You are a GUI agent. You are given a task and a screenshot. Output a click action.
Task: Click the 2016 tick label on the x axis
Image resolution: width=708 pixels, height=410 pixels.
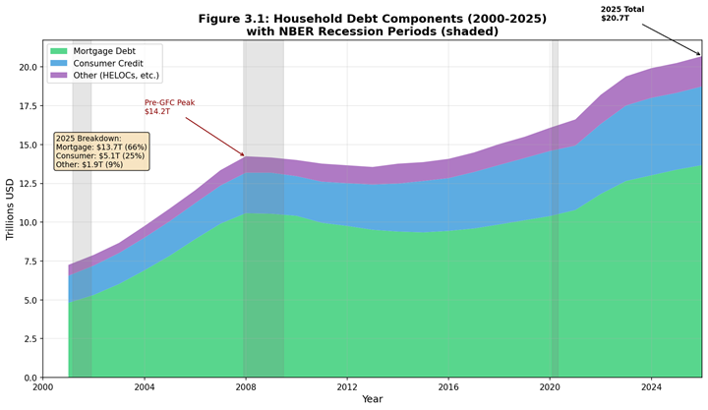[448, 387]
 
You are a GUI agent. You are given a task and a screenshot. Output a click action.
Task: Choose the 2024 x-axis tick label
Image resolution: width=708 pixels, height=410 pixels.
[651, 387]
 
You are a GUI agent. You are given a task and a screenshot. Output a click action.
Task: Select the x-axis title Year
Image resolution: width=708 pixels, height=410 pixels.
[373, 399]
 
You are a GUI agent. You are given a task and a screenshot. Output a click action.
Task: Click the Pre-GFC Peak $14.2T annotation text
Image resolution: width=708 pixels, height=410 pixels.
[167, 107]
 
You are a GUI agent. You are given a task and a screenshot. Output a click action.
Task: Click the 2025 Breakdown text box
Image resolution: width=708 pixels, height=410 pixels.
[102, 151]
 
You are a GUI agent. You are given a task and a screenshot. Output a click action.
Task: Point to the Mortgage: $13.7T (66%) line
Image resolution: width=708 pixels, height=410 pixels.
[102, 146]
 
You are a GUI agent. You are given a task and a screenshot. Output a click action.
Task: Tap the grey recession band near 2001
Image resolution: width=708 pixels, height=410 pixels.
[82, 197]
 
